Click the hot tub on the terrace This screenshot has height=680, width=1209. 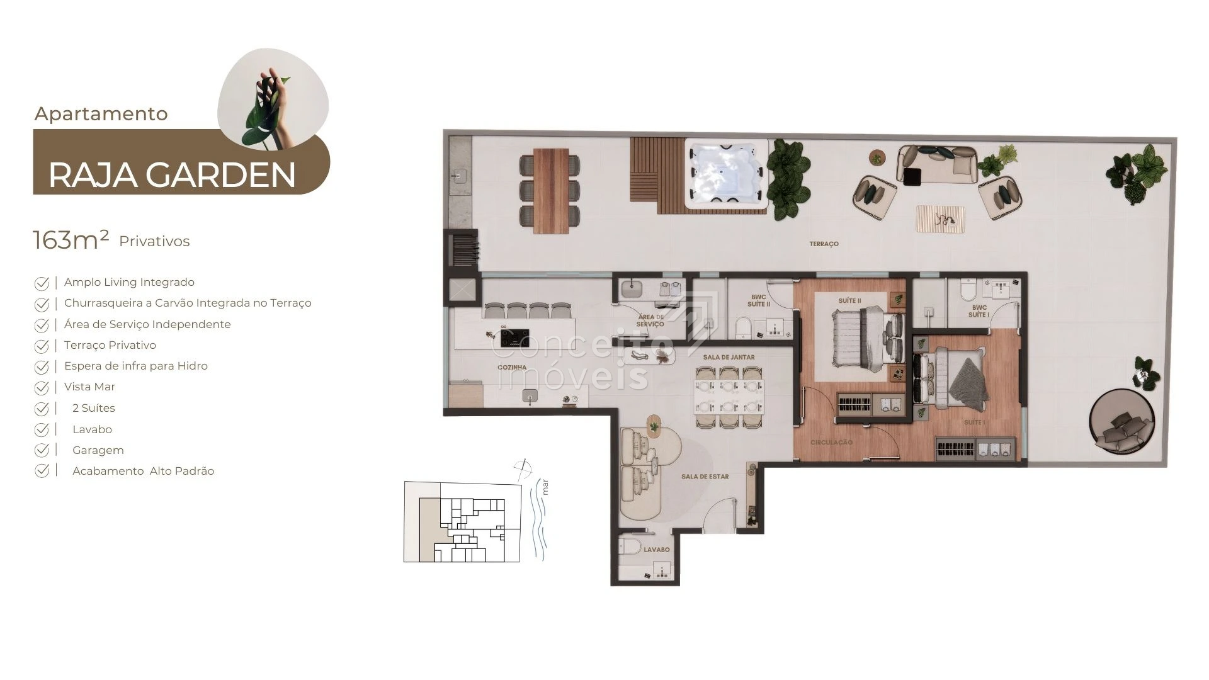(x=726, y=174)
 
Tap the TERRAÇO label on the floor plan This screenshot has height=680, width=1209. (x=824, y=244)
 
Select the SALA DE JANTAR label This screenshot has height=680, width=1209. (x=729, y=357)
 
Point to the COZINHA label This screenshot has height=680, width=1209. (x=512, y=367)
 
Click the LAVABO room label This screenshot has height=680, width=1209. (x=657, y=550)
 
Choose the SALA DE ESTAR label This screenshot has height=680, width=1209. (x=705, y=477)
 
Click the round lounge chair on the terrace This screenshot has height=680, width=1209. (x=1122, y=422)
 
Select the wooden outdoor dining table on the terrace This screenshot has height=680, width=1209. (x=551, y=191)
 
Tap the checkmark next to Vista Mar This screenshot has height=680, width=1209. (x=42, y=388)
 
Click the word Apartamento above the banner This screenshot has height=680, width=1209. (x=101, y=114)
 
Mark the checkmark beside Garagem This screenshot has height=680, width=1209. (x=42, y=451)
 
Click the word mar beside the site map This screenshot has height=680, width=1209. (x=545, y=487)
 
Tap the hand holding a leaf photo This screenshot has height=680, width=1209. (x=273, y=99)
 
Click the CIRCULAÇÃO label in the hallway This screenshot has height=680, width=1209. (x=831, y=443)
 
